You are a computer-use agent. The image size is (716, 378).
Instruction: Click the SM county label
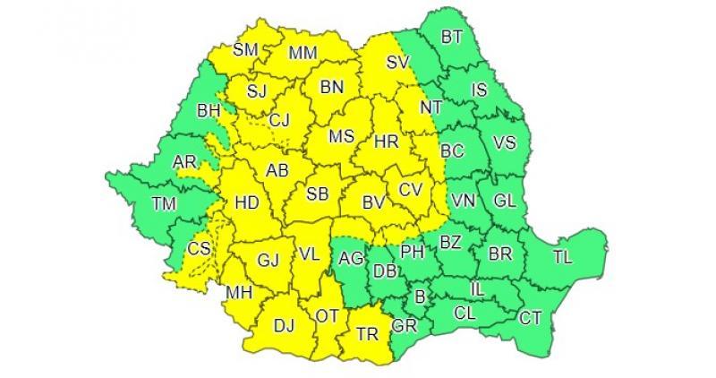point(245,50)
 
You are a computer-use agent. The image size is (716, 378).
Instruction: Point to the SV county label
point(397,63)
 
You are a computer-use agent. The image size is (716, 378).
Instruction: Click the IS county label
point(479,89)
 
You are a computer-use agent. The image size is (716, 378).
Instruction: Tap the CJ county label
point(280,119)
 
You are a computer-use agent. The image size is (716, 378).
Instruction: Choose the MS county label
point(342,138)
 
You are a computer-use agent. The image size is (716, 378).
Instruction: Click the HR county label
point(386,142)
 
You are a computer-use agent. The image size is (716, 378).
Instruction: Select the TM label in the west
point(163,204)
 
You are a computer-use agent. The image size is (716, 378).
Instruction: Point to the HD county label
point(246,204)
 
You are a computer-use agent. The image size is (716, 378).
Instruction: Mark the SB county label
point(317,194)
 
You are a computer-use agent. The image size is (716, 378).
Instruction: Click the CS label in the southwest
point(200,248)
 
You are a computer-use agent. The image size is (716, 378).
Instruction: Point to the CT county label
point(530,318)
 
